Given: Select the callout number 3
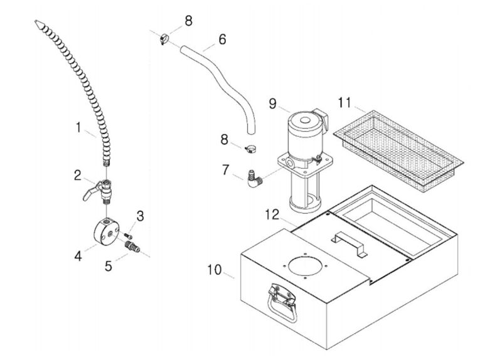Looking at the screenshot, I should [x=140, y=216].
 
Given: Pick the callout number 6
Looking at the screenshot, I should [x=222, y=39].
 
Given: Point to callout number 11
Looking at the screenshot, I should [x=345, y=102].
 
